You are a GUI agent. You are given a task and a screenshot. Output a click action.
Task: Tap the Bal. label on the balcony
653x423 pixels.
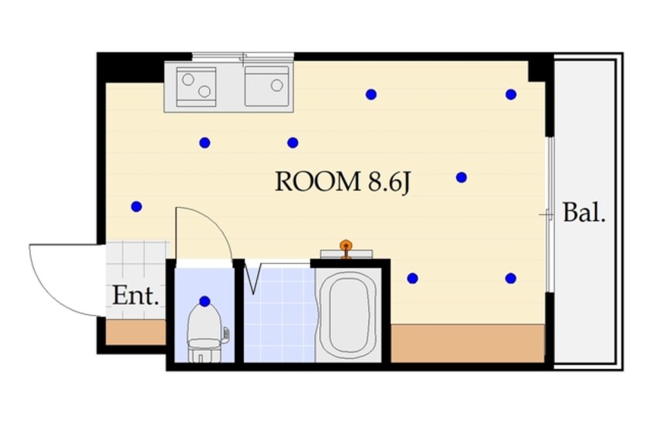584,213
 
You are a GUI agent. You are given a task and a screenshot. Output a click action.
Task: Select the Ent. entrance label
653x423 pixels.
136,296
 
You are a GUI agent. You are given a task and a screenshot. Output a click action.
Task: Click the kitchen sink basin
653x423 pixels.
267,86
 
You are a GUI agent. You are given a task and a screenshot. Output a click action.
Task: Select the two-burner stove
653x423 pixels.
196,86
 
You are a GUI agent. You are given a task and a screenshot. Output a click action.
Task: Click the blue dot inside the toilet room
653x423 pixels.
205,301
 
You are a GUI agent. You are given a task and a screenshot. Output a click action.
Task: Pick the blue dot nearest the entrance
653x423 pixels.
137,206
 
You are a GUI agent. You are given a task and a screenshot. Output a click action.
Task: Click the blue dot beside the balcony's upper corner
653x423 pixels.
510,95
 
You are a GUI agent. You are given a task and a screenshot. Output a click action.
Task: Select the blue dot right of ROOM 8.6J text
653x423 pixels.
461,178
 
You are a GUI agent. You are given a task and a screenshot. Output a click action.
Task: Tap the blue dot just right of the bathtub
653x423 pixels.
412,278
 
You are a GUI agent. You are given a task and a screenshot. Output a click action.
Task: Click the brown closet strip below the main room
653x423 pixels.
468,343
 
